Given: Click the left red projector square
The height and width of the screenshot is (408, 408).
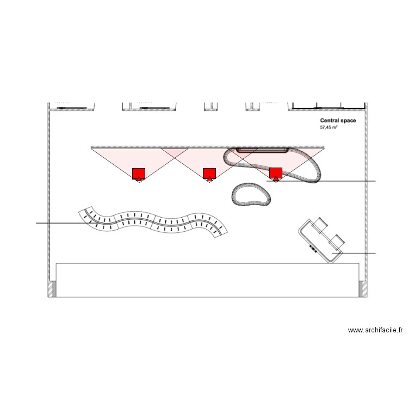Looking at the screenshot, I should pyautogui.click(x=139, y=173).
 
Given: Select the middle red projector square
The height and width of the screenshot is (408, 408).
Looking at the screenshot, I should pyautogui.click(x=209, y=173).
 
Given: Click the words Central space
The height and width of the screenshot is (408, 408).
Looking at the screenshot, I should pyautogui.click(x=338, y=121).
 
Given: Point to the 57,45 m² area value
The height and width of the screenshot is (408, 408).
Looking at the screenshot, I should pyautogui.click(x=329, y=127).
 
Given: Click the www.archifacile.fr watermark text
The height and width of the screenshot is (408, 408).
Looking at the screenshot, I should pyautogui.click(x=375, y=330).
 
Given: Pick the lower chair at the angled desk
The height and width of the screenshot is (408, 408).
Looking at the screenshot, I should pyautogui.click(x=336, y=240).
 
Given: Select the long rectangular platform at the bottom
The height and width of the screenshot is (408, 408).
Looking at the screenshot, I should pyautogui.click(x=207, y=280).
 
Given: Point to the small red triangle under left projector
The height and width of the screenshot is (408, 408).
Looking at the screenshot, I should pyautogui.click(x=139, y=179).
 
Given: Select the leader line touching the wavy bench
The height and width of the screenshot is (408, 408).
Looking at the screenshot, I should pyautogui.click(x=60, y=223).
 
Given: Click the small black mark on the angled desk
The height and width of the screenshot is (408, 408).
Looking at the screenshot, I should pyautogui.click(x=313, y=248).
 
